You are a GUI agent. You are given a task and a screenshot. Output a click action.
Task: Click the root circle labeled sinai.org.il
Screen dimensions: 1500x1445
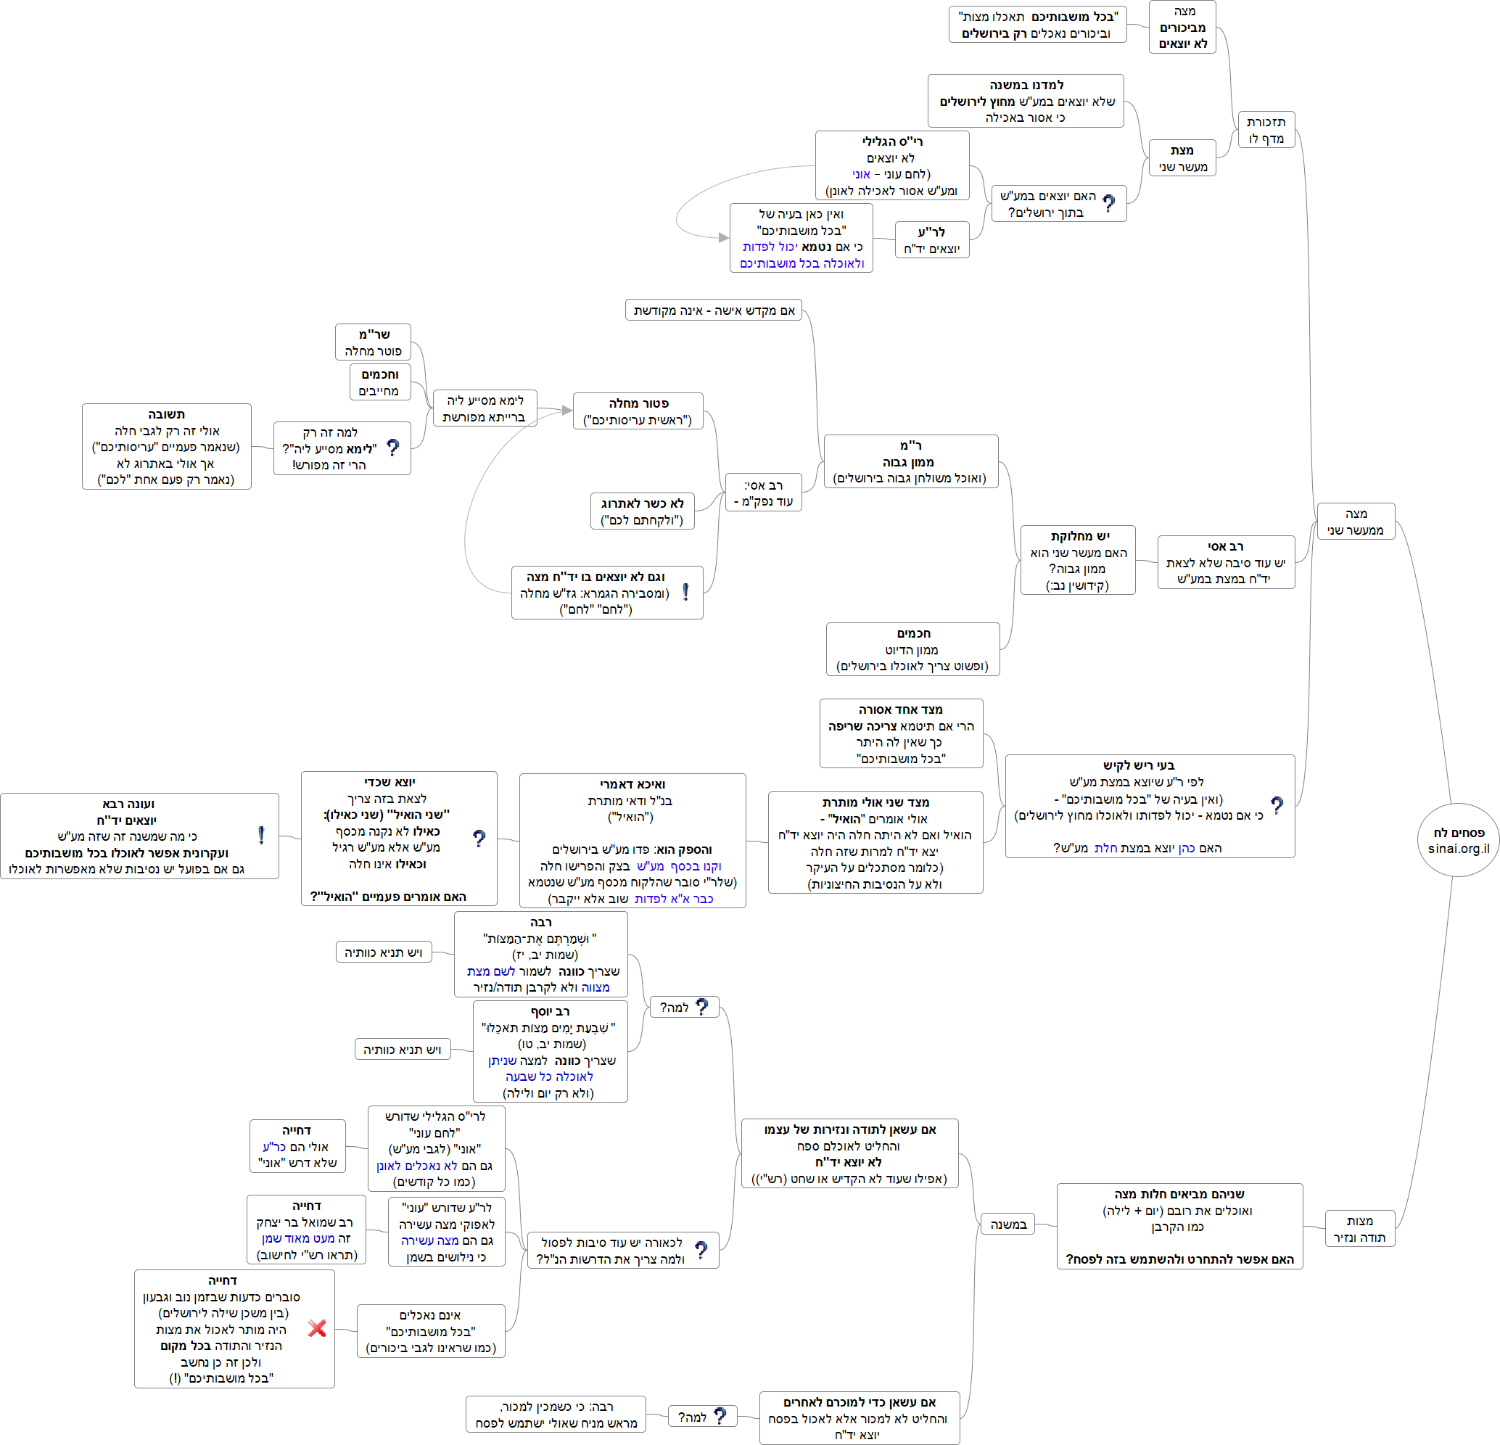point(1458,839)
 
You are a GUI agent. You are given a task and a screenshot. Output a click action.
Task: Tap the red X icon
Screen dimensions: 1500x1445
point(317,1328)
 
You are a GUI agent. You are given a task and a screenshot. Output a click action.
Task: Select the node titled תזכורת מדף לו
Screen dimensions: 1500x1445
point(1266,129)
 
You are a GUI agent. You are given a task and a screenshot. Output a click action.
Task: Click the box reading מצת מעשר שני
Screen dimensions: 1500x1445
point(1182,157)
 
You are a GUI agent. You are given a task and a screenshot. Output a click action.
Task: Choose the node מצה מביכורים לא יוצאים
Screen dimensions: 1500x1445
point(1182,27)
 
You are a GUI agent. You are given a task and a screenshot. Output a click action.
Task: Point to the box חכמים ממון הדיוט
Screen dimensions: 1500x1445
point(912,649)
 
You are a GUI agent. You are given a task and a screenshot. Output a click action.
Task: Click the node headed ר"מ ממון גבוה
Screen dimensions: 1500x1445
point(910,461)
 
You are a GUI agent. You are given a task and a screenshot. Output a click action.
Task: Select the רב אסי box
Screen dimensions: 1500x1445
point(1225,561)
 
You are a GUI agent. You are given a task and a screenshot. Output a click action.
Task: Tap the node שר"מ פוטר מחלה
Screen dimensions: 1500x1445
point(373,342)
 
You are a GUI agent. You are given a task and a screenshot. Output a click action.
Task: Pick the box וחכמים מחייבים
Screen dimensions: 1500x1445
point(379,382)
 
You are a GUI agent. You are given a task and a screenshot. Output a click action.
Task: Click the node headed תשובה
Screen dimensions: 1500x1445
point(166,446)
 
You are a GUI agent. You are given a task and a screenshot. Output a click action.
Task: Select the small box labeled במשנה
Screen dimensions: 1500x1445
point(1007,1224)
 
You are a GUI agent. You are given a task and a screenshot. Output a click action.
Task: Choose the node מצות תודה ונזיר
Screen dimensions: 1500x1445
point(1359,1228)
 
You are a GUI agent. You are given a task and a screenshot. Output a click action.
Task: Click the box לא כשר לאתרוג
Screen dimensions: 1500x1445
point(642,511)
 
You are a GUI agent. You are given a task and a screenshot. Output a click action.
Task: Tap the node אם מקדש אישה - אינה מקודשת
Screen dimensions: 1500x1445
point(713,310)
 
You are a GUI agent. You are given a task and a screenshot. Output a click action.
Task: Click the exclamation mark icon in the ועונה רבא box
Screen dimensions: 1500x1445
point(261,836)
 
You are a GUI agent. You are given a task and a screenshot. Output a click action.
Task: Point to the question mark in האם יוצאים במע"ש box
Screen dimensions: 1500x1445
point(1109,204)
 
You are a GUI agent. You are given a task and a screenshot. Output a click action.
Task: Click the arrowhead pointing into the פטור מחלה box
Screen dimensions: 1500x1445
point(567,411)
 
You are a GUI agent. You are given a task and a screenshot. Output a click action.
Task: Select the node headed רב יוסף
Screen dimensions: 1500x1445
point(550,1051)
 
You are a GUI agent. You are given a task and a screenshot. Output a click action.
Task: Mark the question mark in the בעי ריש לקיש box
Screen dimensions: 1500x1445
point(1277,804)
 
